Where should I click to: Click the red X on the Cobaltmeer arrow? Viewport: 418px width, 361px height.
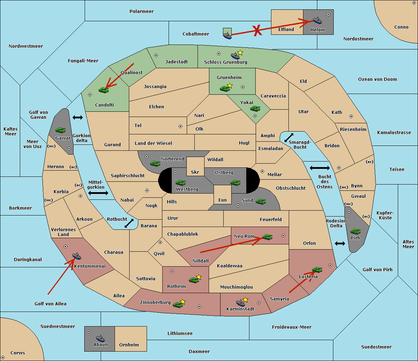[257, 30]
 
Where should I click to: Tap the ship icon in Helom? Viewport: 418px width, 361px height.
[317, 20]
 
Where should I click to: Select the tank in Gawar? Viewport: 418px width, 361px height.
[61, 130]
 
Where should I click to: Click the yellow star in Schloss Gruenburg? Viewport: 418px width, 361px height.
[240, 53]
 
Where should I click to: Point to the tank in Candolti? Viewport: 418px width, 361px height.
[103, 90]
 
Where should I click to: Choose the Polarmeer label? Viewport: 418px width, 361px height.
[141, 11]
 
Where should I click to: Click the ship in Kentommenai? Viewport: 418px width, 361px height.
[77, 256]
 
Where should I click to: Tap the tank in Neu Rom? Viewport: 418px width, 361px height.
[267, 237]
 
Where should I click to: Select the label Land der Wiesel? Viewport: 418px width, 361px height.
[153, 143]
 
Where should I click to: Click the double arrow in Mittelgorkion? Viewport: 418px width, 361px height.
[98, 193]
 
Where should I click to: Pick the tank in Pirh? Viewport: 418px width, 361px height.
[356, 231]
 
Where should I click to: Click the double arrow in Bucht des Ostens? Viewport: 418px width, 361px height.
[319, 168]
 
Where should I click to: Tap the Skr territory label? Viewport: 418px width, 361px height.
[195, 172]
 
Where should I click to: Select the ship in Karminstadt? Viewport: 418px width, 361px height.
[241, 303]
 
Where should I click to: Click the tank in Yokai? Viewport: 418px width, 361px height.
[255, 109]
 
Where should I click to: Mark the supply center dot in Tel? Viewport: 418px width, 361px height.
[180, 126]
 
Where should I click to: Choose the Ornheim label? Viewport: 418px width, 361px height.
[129, 345]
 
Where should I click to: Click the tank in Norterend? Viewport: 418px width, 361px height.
[155, 163]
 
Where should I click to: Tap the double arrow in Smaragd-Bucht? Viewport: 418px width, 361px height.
[289, 138]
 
